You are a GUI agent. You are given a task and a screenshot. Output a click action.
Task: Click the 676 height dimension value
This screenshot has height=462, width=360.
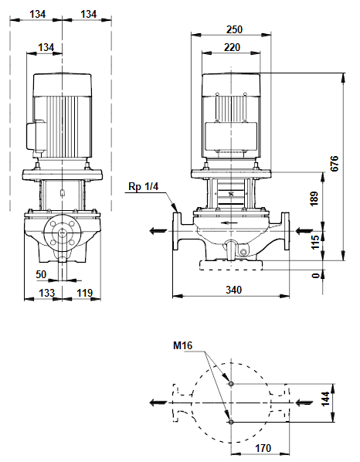[x=335, y=164]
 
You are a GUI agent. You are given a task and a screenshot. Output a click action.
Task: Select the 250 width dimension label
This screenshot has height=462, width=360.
[x=234, y=29]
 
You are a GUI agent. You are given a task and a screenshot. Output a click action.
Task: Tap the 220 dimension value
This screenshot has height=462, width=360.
[x=232, y=47]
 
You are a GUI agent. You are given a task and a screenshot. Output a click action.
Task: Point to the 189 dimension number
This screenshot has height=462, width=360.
[x=314, y=198]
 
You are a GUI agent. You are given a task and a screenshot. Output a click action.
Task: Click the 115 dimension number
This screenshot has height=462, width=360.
[x=314, y=242]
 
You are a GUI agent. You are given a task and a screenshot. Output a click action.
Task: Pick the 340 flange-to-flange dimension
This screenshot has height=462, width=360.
[x=233, y=290]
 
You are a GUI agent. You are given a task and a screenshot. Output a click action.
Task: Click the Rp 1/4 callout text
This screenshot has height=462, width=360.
[x=144, y=186]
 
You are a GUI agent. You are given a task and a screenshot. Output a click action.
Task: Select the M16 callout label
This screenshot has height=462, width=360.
[x=182, y=345]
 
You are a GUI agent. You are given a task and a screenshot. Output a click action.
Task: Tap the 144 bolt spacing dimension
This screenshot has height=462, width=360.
[x=325, y=399]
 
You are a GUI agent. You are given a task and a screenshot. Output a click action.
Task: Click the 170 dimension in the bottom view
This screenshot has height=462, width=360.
[x=263, y=448]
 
